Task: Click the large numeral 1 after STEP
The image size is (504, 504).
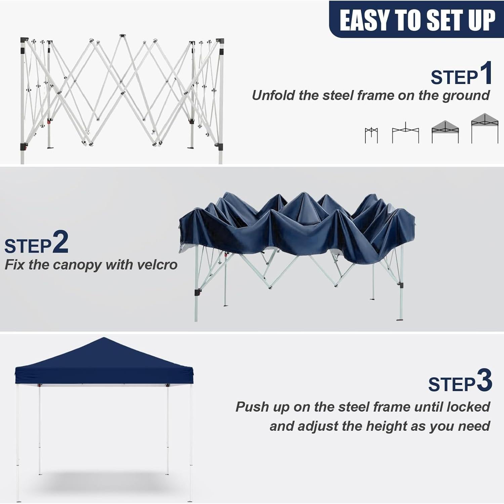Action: [x=486, y=73]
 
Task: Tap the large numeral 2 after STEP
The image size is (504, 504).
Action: [x=60, y=242]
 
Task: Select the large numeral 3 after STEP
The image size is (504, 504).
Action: [x=484, y=380]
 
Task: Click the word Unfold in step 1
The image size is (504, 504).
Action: [x=273, y=95]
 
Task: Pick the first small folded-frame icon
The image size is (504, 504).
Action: [x=371, y=135]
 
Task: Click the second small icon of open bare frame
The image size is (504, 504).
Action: [x=406, y=133]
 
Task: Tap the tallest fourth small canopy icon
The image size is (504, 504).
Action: [x=485, y=128]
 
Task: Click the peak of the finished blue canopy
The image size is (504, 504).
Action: [x=104, y=339]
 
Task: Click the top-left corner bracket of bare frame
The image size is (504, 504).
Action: [x=24, y=40]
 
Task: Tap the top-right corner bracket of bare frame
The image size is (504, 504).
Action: [x=220, y=41]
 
